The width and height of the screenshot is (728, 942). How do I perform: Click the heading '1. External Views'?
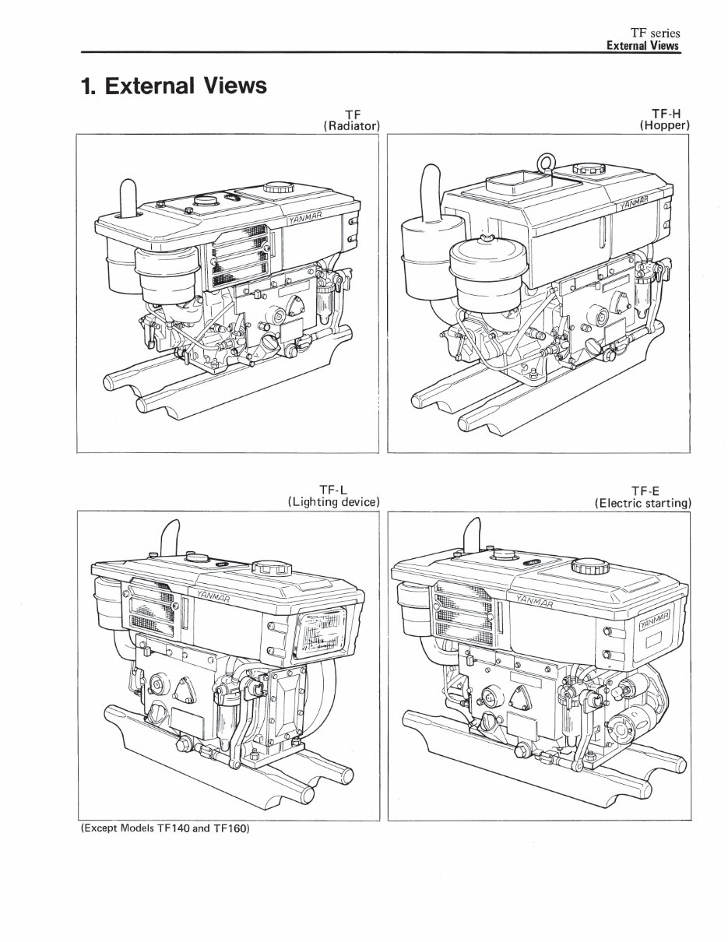174,86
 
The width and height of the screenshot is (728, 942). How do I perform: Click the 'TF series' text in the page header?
655,33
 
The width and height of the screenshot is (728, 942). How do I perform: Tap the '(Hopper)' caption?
665,125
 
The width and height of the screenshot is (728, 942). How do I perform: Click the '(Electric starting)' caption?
642,503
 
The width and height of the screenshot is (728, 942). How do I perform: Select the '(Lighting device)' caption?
333,502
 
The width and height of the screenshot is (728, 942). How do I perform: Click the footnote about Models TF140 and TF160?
164,828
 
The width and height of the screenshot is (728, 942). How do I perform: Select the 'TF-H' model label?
665,113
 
